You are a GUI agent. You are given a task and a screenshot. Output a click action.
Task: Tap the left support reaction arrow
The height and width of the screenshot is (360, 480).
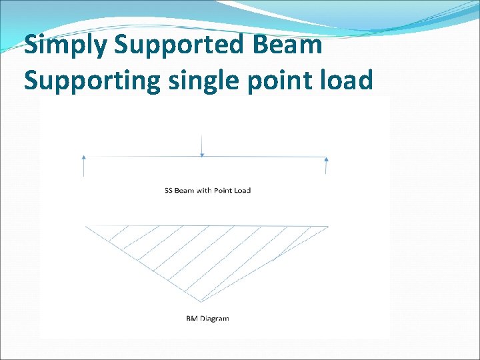click(x=84, y=165)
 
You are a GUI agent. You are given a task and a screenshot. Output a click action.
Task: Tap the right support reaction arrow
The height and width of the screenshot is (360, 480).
click(x=326, y=165)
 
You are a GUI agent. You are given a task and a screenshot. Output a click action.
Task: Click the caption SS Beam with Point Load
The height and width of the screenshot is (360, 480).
click(x=207, y=191)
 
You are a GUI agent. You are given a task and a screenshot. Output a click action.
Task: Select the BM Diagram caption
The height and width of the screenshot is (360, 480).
click(x=207, y=319)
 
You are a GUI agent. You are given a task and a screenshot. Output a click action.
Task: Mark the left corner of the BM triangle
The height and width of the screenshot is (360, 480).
click(x=87, y=227)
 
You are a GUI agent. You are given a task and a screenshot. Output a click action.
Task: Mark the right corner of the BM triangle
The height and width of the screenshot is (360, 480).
click(x=327, y=227)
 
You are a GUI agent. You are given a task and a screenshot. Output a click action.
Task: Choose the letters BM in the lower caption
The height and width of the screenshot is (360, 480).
click(x=191, y=319)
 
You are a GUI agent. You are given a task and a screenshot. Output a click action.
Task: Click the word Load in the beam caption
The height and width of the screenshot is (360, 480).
click(x=242, y=191)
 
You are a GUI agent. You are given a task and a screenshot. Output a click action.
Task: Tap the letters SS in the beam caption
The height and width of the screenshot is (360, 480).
click(x=169, y=191)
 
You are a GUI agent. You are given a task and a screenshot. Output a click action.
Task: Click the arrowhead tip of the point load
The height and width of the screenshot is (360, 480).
click(x=202, y=157)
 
